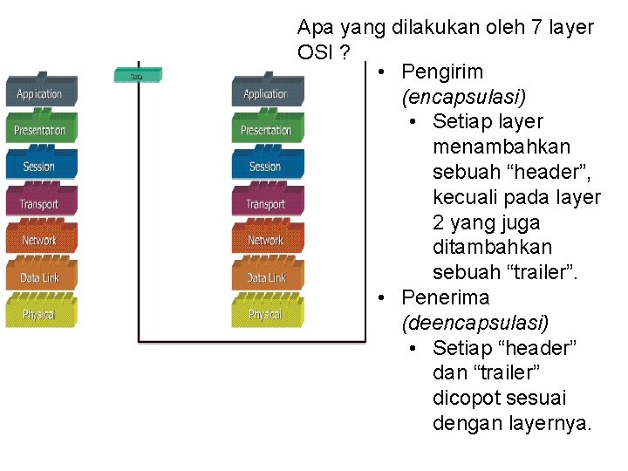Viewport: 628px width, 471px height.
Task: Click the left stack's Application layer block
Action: click(x=41, y=92)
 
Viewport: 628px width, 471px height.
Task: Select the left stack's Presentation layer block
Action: click(x=41, y=129)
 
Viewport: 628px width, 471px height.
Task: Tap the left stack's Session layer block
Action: click(x=41, y=166)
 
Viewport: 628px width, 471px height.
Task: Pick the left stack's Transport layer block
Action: click(x=41, y=203)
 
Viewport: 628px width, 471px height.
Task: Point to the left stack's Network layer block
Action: click(x=41, y=240)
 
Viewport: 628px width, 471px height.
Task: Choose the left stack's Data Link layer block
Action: click(x=41, y=277)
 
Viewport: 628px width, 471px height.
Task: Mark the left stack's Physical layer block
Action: click(x=41, y=313)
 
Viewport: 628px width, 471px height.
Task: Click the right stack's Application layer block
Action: click(x=267, y=92)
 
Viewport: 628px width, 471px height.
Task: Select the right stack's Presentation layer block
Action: click(x=267, y=129)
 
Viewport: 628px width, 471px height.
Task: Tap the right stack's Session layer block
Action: click(x=267, y=166)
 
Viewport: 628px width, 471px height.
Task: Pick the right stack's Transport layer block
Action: click(x=267, y=203)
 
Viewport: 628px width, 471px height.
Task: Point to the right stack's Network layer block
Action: click(x=267, y=240)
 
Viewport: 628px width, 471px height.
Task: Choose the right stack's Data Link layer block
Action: click(x=267, y=277)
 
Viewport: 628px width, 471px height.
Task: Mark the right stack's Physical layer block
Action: click(x=267, y=313)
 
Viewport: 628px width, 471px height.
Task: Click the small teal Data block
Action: click(x=137, y=76)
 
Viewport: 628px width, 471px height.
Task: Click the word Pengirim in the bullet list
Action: click(x=442, y=72)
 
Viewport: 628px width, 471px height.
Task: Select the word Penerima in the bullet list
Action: click(x=445, y=297)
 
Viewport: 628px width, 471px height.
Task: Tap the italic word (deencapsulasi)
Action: click(x=474, y=323)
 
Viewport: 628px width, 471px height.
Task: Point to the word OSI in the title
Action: click(x=317, y=52)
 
